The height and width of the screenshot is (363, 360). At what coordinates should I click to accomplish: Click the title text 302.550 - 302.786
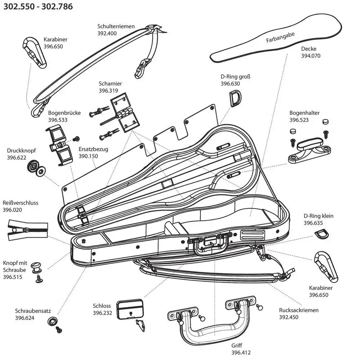[x=39, y=6]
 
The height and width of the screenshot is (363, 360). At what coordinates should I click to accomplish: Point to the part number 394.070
[x=311, y=56]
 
